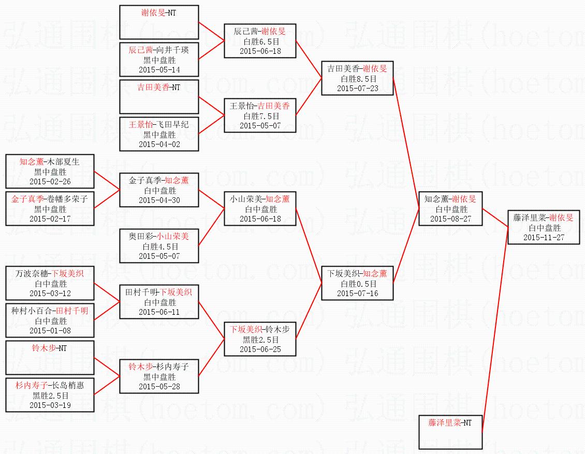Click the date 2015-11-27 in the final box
(544, 238)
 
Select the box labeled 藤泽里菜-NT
(450, 432)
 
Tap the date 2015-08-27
(451, 219)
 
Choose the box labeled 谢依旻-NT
(159, 22)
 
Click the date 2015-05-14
(159, 70)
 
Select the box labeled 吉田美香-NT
(159, 97)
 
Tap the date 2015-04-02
(159, 144)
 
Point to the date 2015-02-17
(50, 219)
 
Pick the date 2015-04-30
(159, 200)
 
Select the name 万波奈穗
(32, 274)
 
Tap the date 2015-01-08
(50, 331)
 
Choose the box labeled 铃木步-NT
(50, 358)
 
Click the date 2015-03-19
(50, 405)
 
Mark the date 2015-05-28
(159, 387)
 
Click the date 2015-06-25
(260, 349)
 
